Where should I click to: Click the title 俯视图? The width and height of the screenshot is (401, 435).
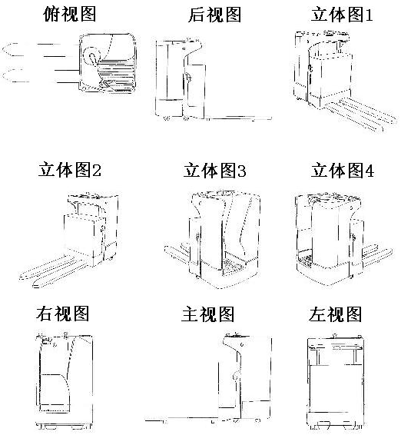pos(70,14)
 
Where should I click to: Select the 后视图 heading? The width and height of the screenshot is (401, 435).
pos(214,15)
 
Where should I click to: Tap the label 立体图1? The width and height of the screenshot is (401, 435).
pos(342,15)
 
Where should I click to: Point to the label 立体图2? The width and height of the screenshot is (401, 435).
pos(70,170)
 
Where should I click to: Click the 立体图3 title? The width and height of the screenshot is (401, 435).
pos(214,170)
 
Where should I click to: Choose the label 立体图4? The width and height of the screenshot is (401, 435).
pos(342,170)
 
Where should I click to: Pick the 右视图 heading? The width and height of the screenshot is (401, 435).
pos(62,314)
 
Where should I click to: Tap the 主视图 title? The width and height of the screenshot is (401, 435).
pos(207,314)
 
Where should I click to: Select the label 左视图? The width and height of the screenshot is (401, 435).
pos(335,314)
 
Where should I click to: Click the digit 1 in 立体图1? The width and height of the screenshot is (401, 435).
pos(369,15)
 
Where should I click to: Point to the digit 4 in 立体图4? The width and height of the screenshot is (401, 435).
pos(370,171)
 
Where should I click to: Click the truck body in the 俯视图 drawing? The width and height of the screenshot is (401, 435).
pos(108,63)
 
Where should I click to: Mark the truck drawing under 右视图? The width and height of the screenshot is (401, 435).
pos(65,380)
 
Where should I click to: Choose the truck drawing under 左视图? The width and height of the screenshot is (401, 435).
pos(335,381)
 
